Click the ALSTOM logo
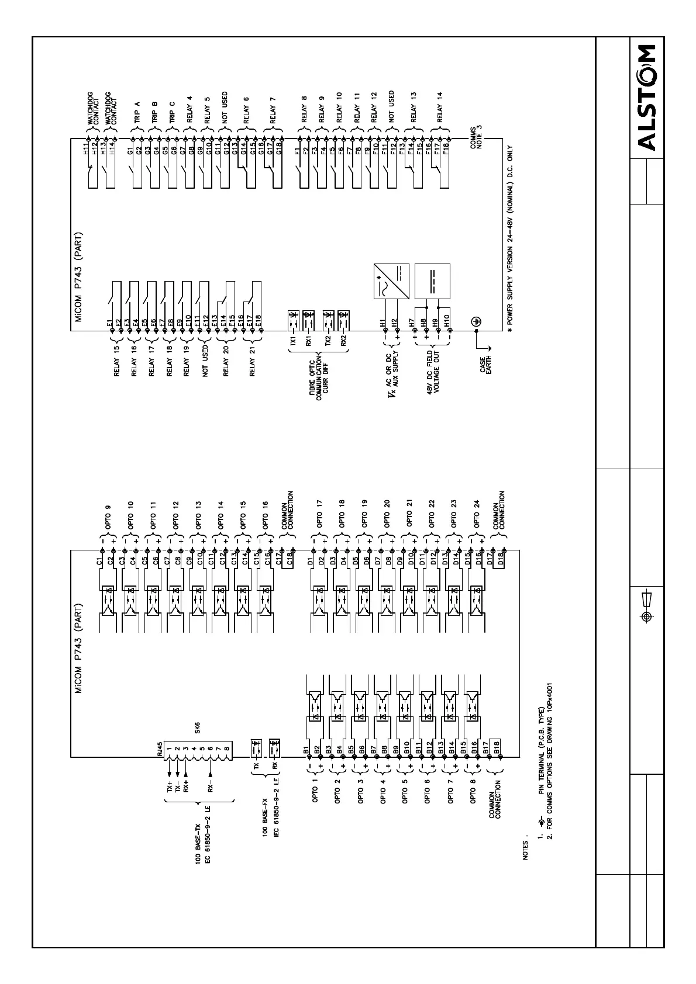click(x=647, y=98)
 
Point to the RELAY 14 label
click(x=439, y=111)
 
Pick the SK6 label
click(x=198, y=728)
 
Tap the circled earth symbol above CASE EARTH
click(x=476, y=321)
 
